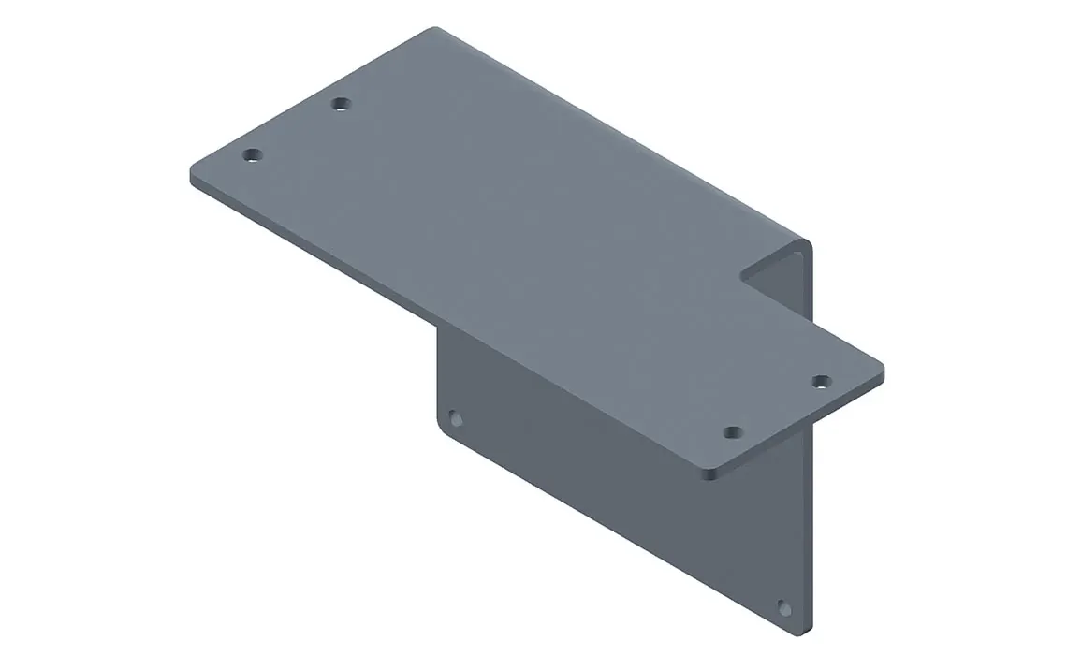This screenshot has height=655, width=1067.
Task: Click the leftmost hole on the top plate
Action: click(250, 154)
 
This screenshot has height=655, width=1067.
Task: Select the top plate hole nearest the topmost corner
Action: click(342, 104)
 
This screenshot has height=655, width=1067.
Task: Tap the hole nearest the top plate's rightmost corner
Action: click(821, 381)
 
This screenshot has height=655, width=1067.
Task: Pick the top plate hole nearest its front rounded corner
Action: click(733, 432)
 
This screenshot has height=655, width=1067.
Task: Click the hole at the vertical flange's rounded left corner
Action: click(456, 418)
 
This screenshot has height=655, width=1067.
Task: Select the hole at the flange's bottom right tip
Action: click(784, 608)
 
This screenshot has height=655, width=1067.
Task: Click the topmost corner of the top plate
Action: click(433, 31)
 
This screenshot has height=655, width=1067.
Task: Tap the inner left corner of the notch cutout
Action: click(742, 275)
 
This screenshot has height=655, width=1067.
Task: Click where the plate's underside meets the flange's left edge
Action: click(438, 327)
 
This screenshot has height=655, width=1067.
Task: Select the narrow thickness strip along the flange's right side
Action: click(808, 524)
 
